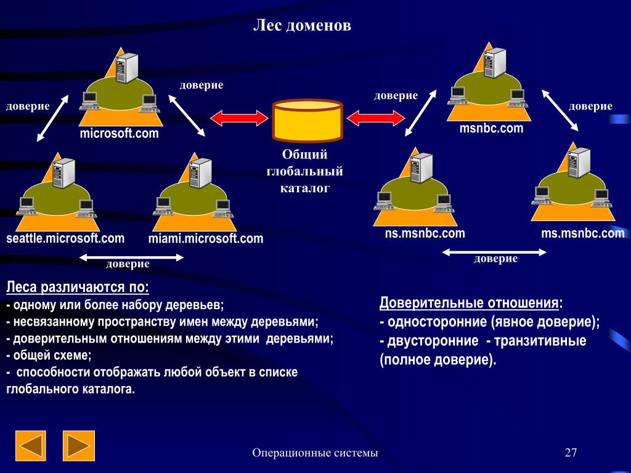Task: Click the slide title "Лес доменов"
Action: (x=303, y=26)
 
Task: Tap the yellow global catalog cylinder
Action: (x=307, y=121)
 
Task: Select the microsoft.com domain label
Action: (x=119, y=133)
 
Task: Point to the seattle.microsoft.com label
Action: (x=65, y=238)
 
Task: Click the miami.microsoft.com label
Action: (x=205, y=238)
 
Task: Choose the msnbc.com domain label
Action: (x=491, y=128)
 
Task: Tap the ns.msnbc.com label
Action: (x=425, y=233)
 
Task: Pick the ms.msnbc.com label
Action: (x=582, y=233)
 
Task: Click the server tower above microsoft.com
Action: (x=126, y=68)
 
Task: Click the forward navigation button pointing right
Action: (x=78, y=446)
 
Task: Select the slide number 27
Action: (x=571, y=454)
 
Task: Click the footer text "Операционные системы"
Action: (x=315, y=454)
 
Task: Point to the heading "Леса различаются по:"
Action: (x=78, y=288)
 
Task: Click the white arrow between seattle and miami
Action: (x=132, y=257)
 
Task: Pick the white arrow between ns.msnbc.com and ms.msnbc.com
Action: (x=495, y=252)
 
